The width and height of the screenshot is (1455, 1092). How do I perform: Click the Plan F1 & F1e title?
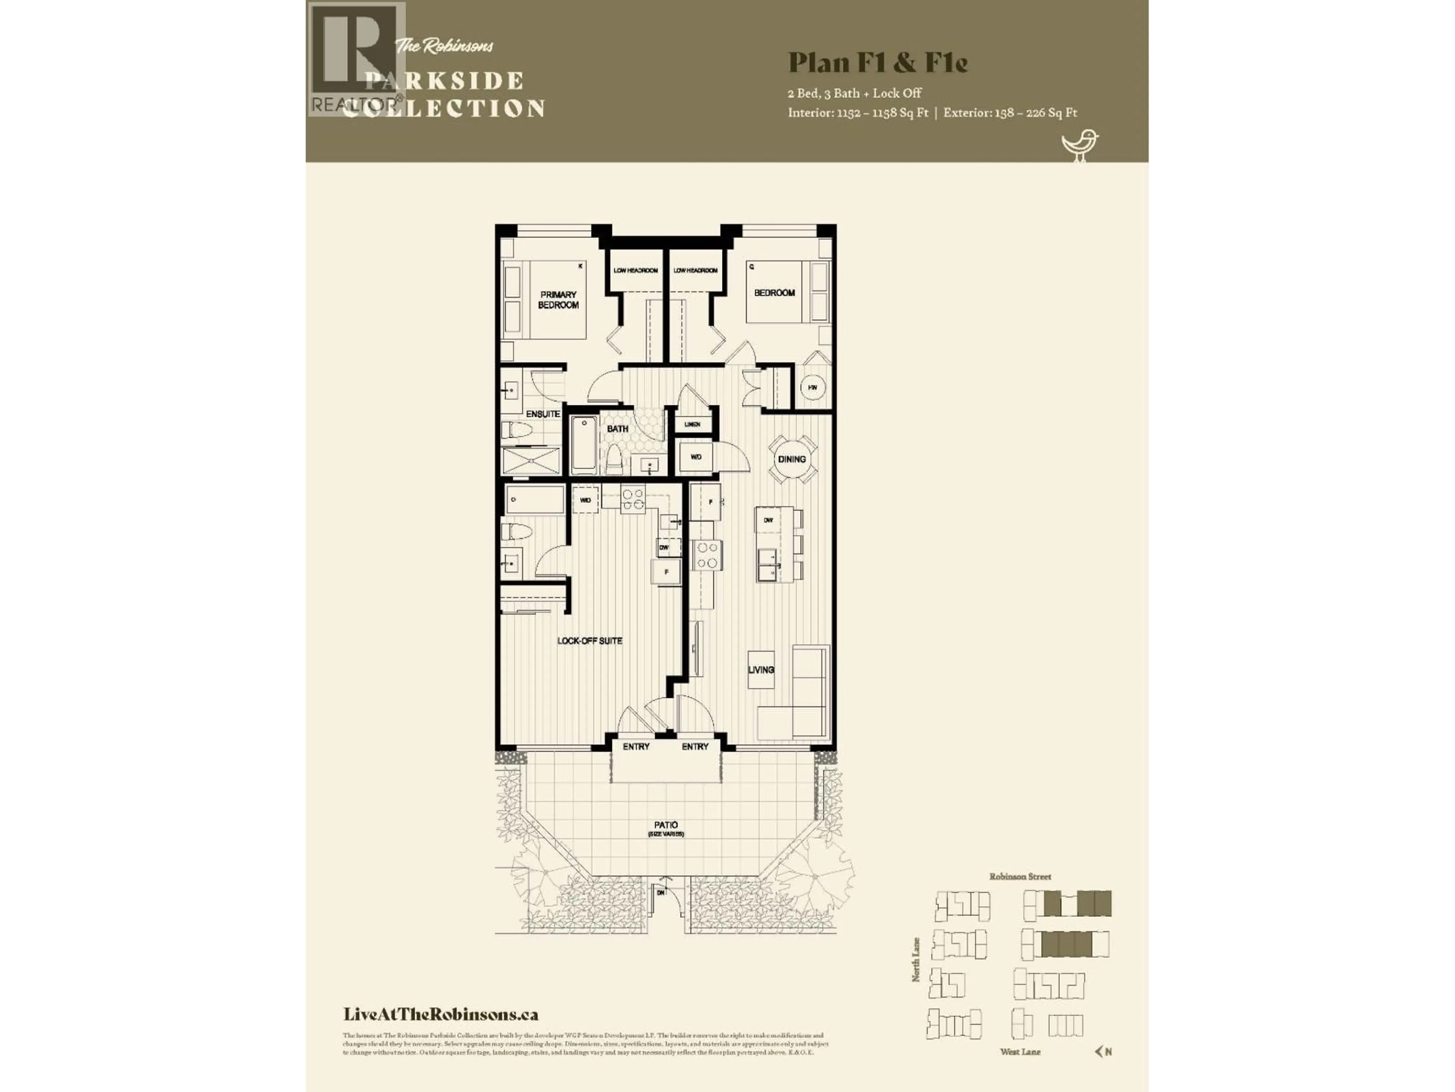click(x=878, y=63)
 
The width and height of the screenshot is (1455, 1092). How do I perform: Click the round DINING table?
click(x=792, y=460)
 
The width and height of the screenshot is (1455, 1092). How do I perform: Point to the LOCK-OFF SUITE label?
click(x=589, y=640)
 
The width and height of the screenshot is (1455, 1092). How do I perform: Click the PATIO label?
click(x=666, y=825)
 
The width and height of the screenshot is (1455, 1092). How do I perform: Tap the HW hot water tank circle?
click(x=813, y=388)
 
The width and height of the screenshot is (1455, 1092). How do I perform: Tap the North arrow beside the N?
click(x=1098, y=1051)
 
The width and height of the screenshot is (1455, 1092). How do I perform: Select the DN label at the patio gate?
click(x=661, y=892)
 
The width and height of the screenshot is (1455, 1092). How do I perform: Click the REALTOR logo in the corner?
click(x=355, y=59)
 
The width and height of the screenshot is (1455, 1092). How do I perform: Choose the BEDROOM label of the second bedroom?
click(x=774, y=293)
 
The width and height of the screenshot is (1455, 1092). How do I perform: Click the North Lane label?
click(x=915, y=960)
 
